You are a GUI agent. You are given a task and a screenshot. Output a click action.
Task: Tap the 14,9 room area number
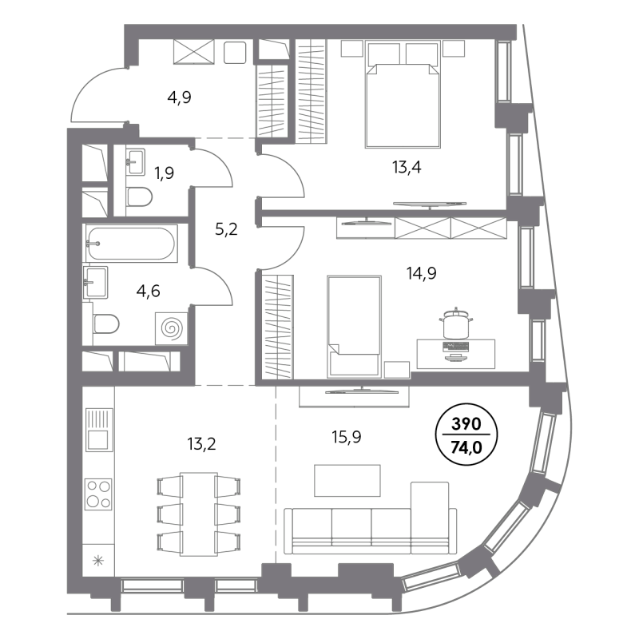point(421,273)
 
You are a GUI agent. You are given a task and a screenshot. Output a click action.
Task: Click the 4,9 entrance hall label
point(179,98)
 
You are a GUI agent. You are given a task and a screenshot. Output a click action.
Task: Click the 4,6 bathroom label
point(149,291)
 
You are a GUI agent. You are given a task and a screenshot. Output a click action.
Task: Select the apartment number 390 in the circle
point(466,425)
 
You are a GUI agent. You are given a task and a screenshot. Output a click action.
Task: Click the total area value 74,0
point(466,447)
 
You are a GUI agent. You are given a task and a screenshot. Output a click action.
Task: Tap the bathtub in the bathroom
point(132,244)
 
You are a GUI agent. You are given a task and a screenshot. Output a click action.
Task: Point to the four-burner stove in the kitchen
point(99,494)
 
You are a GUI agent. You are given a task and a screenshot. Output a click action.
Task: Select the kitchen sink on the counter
point(99,430)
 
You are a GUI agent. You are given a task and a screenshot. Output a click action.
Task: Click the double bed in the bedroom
point(403,104)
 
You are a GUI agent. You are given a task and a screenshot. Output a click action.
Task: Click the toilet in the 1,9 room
point(139,197)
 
